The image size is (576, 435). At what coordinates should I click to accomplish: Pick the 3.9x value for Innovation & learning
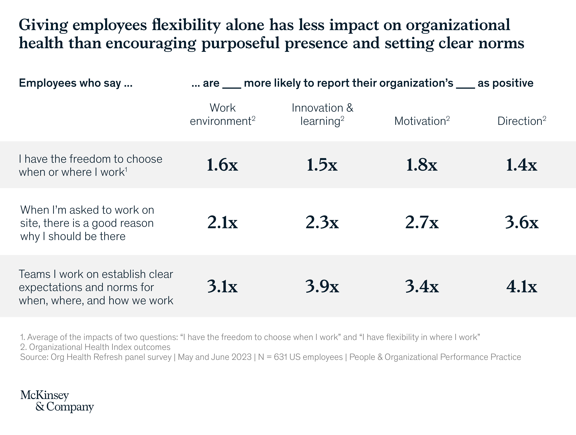click(322, 286)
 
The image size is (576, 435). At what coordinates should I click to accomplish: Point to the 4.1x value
click(522, 286)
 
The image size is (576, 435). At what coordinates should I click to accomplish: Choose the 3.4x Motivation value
click(422, 286)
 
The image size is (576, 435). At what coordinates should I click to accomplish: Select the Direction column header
click(522, 121)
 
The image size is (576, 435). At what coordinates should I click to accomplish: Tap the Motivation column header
click(422, 121)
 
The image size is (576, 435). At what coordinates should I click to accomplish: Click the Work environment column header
click(222, 114)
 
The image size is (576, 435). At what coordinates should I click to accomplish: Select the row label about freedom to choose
click(90, 166)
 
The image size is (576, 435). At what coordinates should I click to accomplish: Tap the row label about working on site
click(87, 223)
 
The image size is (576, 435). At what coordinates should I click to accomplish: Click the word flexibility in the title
click(186, 25)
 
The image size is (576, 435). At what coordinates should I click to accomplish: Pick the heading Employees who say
click(75, 83)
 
